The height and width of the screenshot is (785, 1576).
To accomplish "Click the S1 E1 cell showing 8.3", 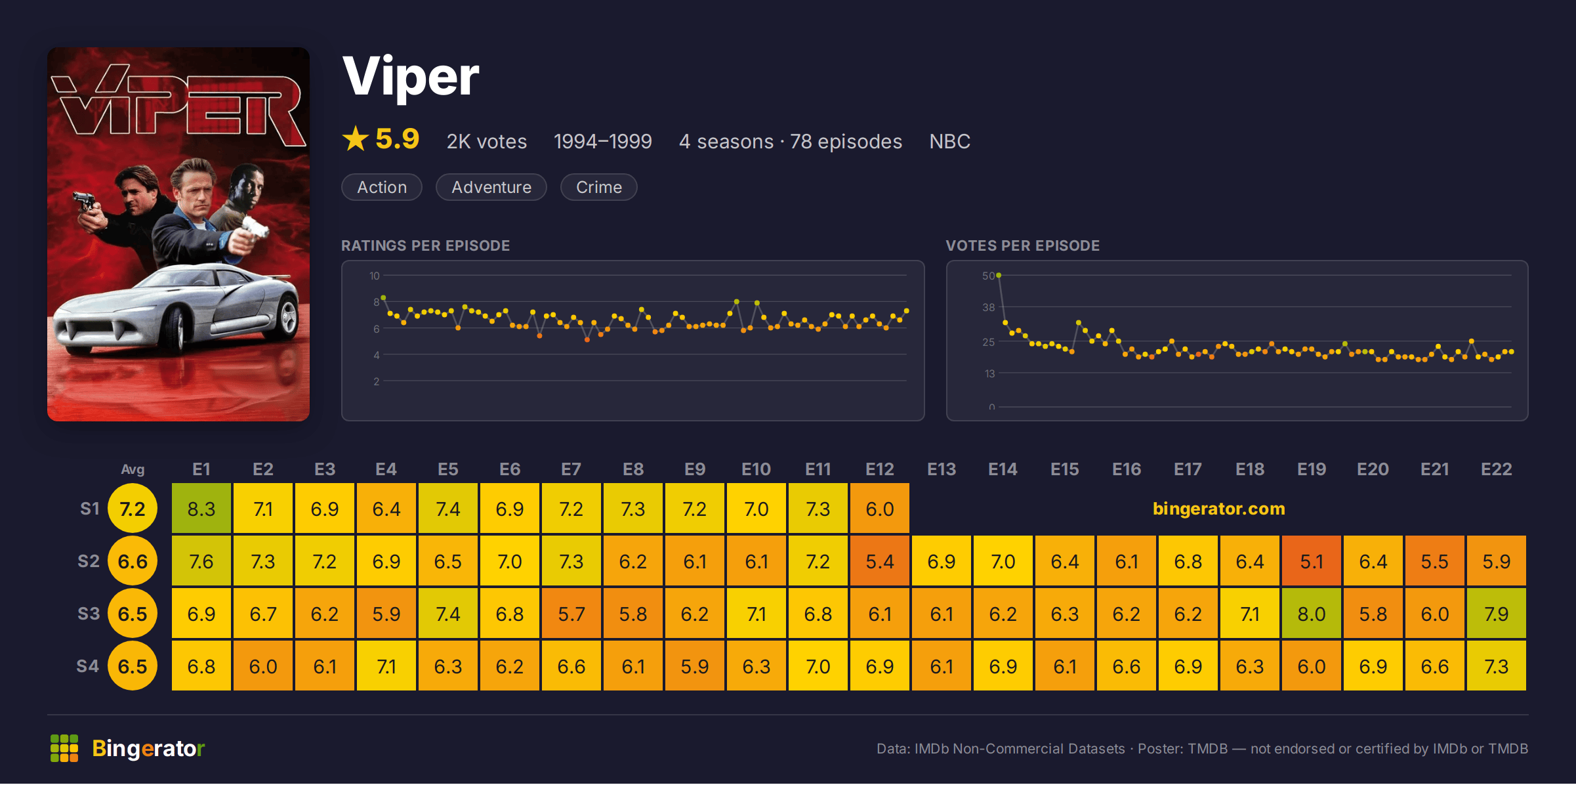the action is (x=201, y=509).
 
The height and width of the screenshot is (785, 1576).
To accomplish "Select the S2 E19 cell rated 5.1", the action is (x=1312, y=561).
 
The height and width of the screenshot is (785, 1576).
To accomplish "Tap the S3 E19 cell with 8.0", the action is (x=1312, y=614).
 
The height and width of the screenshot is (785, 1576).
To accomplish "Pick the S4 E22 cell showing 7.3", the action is (x=1497, y=666).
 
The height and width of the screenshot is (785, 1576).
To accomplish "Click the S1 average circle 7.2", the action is (x=133, y=509).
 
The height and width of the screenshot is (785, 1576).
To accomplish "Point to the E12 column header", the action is (x=880, y=469).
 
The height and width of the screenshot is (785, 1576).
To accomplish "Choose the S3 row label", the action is (x=89, y=614).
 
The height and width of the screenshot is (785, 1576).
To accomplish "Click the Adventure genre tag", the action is (x=491, y=187).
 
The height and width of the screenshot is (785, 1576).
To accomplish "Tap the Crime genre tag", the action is (x=599, y=187).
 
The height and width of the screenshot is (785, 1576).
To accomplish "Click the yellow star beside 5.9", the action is (x=356, y=138).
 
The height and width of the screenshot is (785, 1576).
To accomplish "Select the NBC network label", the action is (x=949, y=141).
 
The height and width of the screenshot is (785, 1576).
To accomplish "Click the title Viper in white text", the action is (x=411, y=77).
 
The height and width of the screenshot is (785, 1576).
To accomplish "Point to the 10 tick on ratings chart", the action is (x=375, y=276).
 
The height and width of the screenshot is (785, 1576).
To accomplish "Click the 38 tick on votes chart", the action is (x=989, y=307).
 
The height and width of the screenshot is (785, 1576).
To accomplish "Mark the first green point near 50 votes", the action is (x=999, y=276).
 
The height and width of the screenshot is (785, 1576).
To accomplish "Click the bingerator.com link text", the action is (x=1219, y=509).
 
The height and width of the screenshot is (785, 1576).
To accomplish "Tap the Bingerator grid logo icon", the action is (x=64, y=748).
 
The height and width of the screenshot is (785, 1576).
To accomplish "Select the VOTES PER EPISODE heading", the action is (x=1023, y=245).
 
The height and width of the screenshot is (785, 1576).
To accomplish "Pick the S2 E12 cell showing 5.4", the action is (x=880, y=561).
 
